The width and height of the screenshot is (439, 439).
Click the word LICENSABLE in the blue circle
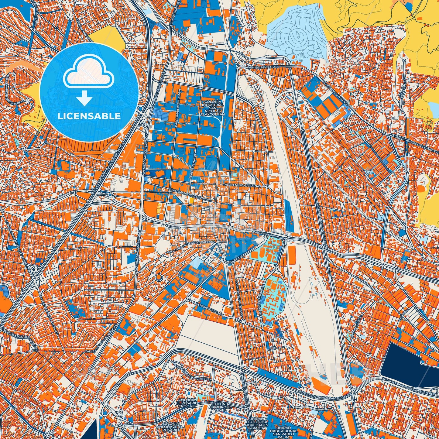click(x=89, y=116)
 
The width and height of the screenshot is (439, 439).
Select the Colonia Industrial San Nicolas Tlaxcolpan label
click(x=214, y=108)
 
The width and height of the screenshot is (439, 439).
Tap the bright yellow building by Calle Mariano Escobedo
click(x=192, y=201)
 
